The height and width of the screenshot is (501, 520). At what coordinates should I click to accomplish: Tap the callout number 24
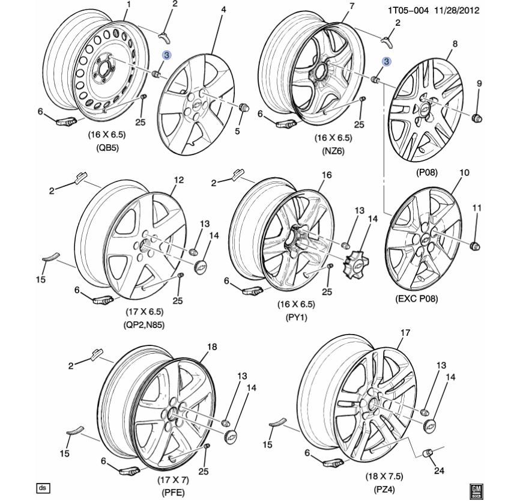click(440, 471)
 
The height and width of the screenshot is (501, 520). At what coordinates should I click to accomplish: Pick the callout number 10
click(464, 173)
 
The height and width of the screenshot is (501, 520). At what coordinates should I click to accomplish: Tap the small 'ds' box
click(43, 487)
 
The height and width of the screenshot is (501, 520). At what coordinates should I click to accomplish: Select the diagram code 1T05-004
click(408, 10)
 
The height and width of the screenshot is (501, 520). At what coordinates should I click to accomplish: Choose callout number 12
click(178, 180)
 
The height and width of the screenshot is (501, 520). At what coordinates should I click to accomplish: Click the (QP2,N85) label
click(144, 325)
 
